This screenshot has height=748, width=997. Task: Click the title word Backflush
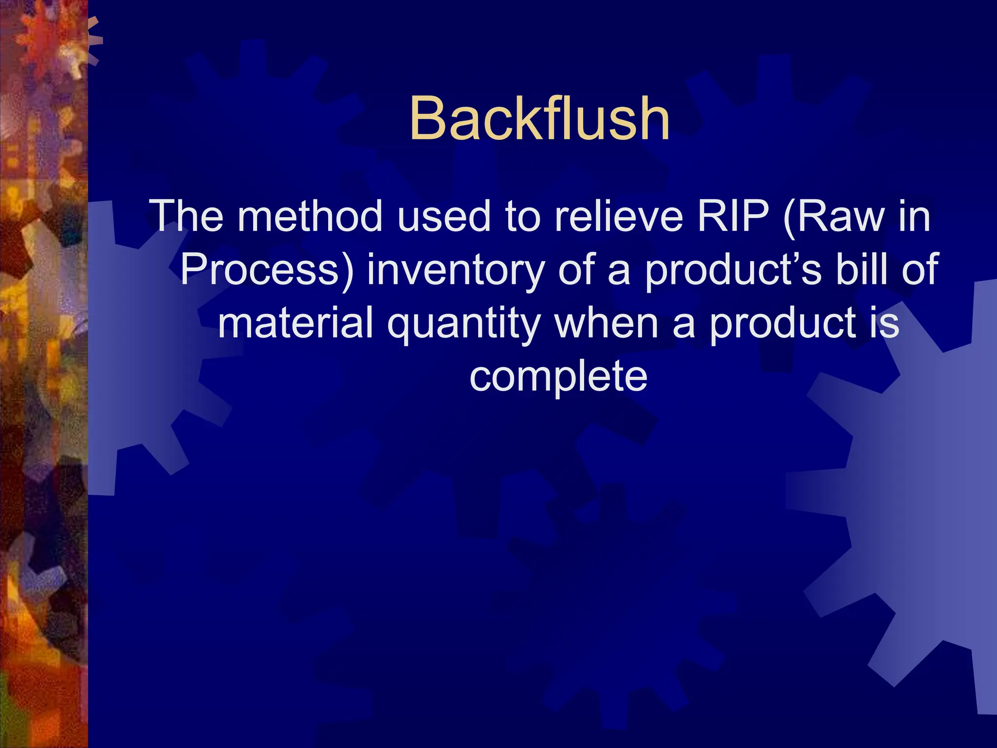(539, 118)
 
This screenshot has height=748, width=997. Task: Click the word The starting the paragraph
(186, 216)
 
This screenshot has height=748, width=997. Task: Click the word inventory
(456, 270)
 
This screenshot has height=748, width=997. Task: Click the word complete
(558, 376)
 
